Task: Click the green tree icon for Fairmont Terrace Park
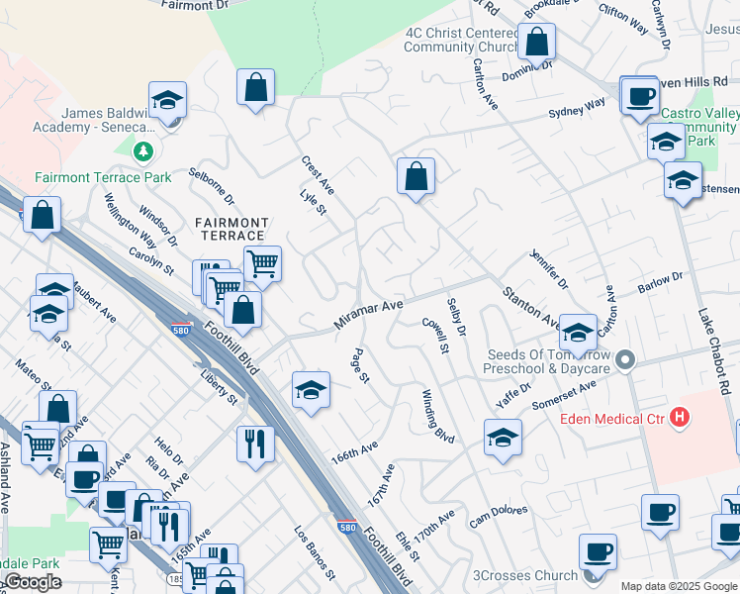pyautogui.click(x=144, y=150)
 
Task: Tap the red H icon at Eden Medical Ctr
pyautogui.click(x=680, y=418)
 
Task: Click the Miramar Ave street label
pyautogui.click(x=368, y=316)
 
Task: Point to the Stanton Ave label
pyautogui.click(x=531, y=308)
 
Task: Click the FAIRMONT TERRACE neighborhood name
pyautogui.click(x=231, y=229)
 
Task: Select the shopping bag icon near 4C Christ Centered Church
pyautogui.click(x=536, y=43)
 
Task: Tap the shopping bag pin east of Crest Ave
pyautogui.click(x=416, y=177)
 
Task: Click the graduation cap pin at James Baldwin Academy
pyautogui.click(x=168, y=100)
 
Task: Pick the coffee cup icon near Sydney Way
pyautogui.click(x=640, y=96)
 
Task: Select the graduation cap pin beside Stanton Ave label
pyautogui.click(x=578, y=331)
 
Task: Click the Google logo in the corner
pyautogui.click(x=33, y=582)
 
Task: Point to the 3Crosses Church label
pyautogui.click(x=524, y=575)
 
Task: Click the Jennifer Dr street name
pyautogui.click(x=549, y=270)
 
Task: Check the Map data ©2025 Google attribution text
pyautogui.click(x=678, y=586)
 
